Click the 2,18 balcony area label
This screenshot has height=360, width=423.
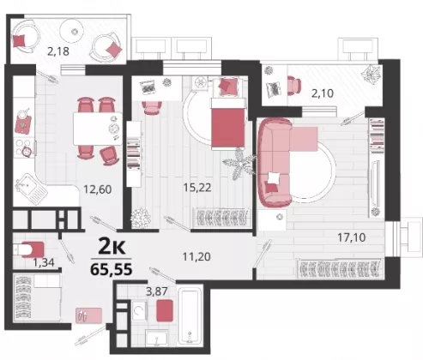tap(58, 51)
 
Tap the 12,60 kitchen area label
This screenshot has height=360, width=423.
tap(97, 189)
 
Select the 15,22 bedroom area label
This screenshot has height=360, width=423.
tap(197, 188)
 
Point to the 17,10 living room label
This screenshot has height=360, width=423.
tap(352, 237)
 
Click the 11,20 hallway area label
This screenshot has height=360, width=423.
tap(196, 256)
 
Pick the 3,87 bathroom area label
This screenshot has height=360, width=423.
tap(156, 291)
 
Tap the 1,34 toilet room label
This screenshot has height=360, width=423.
tap(44, 262)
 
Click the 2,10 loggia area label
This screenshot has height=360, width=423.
tap(323, 93)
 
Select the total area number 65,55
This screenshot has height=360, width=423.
tap(112, 269)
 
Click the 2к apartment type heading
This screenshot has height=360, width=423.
tap(112, 247)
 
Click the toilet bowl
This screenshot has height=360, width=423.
tap(28, 249)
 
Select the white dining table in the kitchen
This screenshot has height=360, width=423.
tap(98, 129)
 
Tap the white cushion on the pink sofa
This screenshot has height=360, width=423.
tap(273, 178)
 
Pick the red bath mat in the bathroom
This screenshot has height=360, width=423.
tap(165, 310)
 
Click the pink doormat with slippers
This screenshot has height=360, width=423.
tap(88, 315)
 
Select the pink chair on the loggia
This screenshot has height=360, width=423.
tap(294, 84)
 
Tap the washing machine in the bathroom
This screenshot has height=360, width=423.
tap(139, 310)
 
